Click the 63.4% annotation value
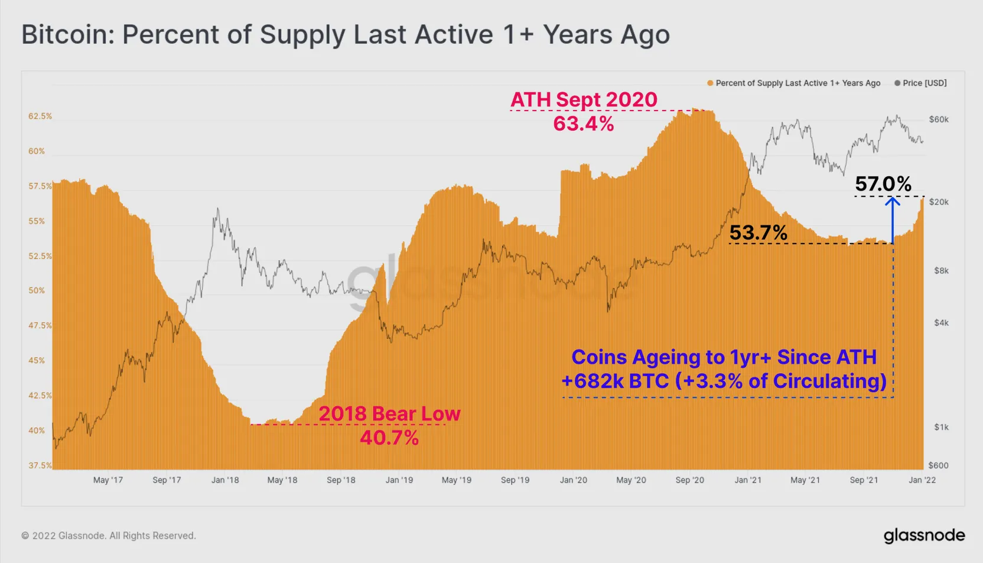pyautogui.click(x=583, y=124)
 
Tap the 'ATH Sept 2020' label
pyautogui.click(x=584, y=99)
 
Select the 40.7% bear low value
pyautogui.click(x=389, y=438)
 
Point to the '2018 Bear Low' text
pyautogui.click(x=389, y=413)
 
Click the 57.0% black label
pyautogui.click(x=883, y=184)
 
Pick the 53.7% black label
pyautogui.click(x=758, y=233)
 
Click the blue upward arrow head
pyautogui.click(x=892, y=202)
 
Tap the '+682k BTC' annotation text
pyautogui.click(x=614, y=381)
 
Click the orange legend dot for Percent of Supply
pyautogui.click(x=710, y=83)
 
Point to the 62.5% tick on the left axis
pyautogui.click(x=40, y=116)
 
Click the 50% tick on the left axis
pyautogui.click(x=36, y=290)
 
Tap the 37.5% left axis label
pyautogui.click(x=40, y=465)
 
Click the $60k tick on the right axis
pyautogui.click(x=939, y=119)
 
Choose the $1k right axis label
pyautogui.click(x=941, y=427)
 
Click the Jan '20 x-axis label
pyautogui.click(x=573, y=480)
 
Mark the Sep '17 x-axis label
pyautogui.click(x=167, y=480)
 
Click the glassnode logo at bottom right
pyautogui.click(x=924, y=536)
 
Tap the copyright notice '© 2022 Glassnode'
pyautogui.click(x=109, y=536)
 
